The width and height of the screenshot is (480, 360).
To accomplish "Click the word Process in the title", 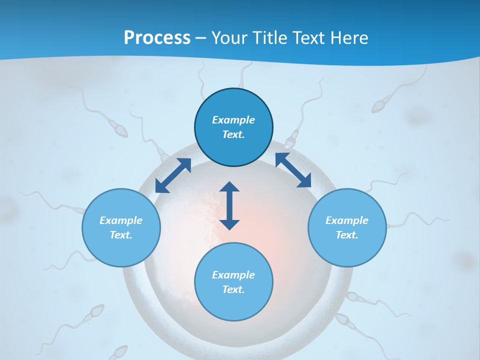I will pyautogui.click(x=157, y=38).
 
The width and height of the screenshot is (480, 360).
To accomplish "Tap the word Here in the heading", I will pyautogui.click(x=349, y=38).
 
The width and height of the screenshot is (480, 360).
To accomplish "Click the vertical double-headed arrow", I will pyautogui.click(x=229, y=206).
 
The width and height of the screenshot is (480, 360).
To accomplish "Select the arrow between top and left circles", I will pyautogui.click(x=173, y=175).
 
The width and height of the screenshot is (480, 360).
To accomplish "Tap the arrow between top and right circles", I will pyautogui.click(x=293, y=170).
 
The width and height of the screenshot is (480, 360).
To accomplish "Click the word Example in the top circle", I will pyautogui.click(x=233, y=120).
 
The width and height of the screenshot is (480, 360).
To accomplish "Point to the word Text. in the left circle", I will pyautogui.click(x=121, y=235).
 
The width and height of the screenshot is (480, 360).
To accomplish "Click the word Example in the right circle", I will pyautogui.click(x=347, y=220).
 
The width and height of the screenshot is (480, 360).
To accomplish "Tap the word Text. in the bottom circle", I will pyautogui.click(x=233, y=289).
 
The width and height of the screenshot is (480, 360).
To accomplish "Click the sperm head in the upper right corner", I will pyautogui.click(x=379, y=106).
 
